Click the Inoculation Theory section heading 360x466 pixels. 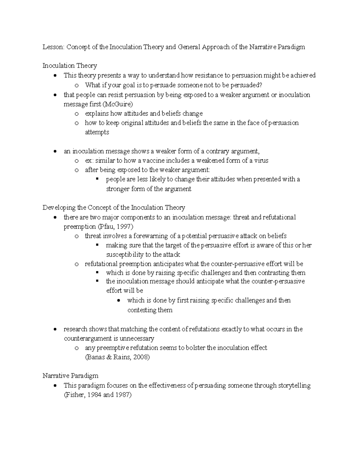70,66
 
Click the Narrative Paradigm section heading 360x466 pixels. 70,376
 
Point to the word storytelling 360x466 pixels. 294,386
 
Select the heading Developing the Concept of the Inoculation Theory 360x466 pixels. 114,208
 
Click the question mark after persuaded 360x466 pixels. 261,85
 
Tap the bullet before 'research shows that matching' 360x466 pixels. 54,329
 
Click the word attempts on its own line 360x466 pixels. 97,132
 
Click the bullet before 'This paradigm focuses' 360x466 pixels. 54,386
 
